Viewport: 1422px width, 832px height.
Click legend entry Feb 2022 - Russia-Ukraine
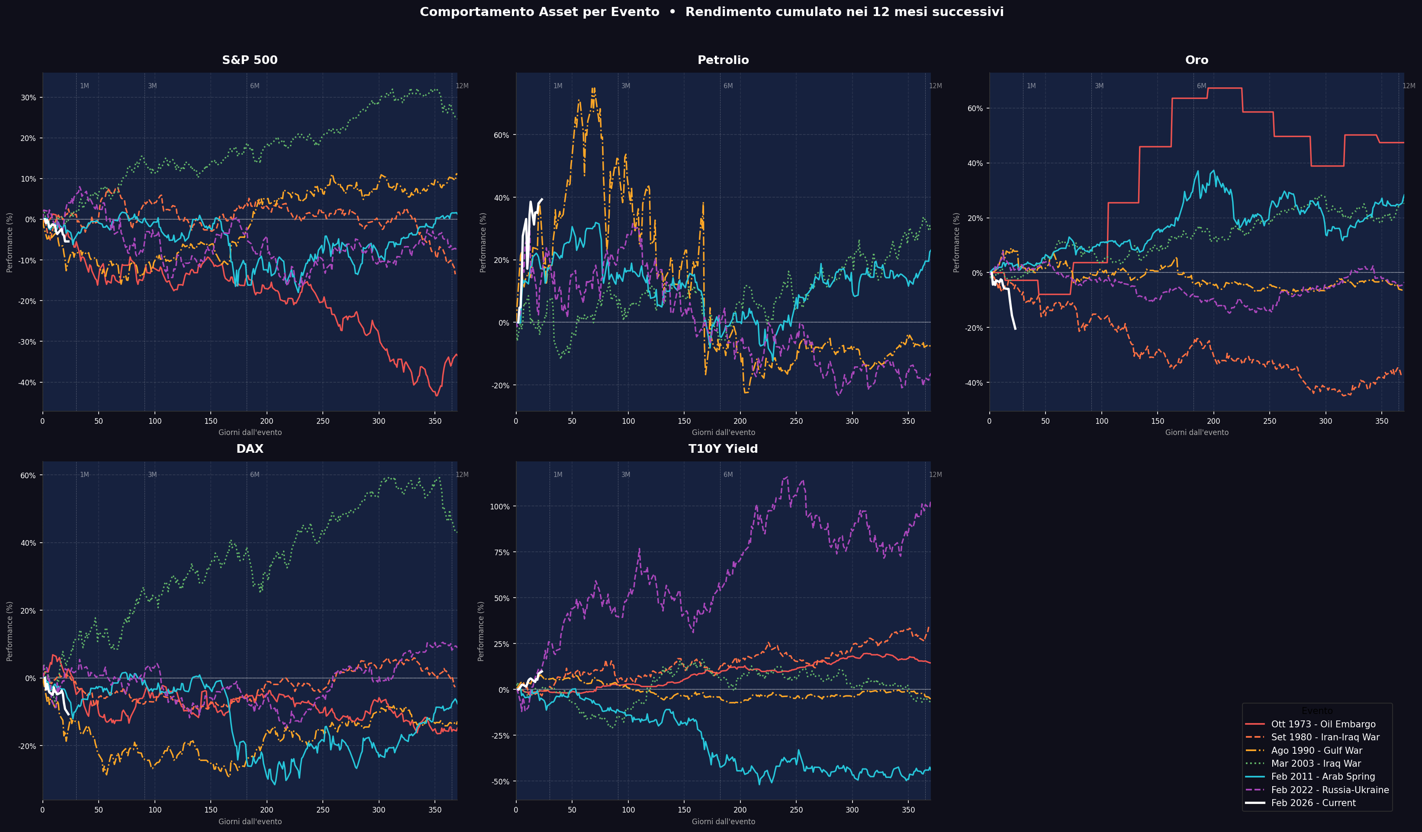coord(1329,790)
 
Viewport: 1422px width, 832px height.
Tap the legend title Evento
coord(1317,711)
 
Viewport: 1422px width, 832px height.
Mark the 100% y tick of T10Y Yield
coord(499,506)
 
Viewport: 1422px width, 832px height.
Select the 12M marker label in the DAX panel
coord(462,475)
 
